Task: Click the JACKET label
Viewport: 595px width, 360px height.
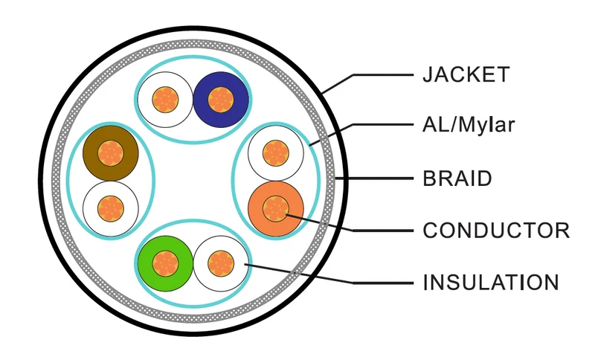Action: click(466, 74)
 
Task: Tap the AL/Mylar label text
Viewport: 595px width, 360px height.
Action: click(469, 124)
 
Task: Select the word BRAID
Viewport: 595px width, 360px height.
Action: click(457, 179)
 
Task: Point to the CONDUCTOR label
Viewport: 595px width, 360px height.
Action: click(496, 231)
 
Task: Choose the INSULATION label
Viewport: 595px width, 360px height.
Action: click(491, 283)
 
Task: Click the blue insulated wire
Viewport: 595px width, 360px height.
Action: click(221, 100)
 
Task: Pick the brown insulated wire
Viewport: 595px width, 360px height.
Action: click(110, 153)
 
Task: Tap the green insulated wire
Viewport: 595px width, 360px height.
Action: click(165, 263)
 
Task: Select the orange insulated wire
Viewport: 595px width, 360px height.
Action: click(276, 208)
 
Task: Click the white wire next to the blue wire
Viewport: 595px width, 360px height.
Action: click(165, 100)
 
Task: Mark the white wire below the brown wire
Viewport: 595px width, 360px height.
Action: click(110, 208)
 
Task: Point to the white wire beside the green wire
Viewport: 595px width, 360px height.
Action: click(221, 263)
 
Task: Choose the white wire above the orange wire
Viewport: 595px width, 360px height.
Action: click(276, 153)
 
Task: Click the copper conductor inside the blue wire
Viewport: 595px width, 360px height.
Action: click(221, 100)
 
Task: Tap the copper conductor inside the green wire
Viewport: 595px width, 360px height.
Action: click(165, 263)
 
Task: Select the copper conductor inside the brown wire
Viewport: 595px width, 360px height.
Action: click(110, 153)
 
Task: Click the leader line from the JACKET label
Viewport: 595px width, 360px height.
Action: click(353, 75)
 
